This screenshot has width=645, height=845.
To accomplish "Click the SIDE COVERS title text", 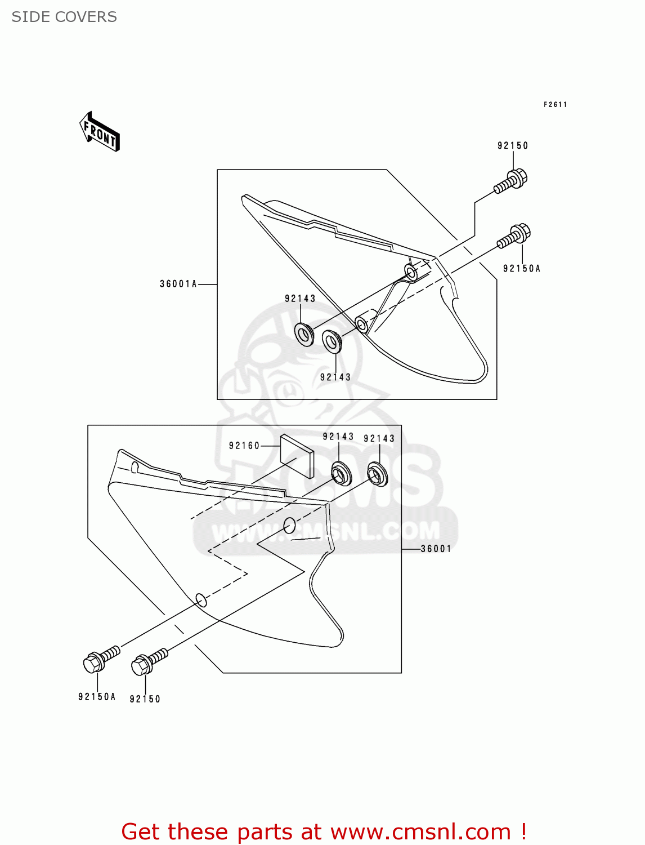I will pos(64,17).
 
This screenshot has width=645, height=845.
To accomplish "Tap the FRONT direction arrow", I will pos(100,132).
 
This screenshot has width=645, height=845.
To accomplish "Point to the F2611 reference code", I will pos(555,104).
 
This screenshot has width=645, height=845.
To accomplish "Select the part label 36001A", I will pos(178,284).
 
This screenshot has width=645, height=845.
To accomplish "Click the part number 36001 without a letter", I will pos(436,549).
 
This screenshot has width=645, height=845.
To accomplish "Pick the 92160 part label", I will pos(244,446).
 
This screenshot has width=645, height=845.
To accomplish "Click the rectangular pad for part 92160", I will pos(297,456).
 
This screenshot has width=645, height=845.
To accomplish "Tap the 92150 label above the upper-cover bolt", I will pos(513,145).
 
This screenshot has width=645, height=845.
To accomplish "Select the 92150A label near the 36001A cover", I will pos(521,269).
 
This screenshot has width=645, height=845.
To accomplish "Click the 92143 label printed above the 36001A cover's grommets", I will pos(300,299).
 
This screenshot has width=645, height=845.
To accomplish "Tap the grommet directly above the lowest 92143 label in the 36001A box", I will pos(332,341).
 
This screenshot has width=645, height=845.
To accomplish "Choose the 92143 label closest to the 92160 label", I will pos(338,437).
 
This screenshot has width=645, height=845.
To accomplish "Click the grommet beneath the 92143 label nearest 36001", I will pos(377,474).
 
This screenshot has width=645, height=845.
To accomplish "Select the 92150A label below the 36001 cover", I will pos(97,697).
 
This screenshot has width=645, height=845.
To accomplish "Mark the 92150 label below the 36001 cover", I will pos(145,699).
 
